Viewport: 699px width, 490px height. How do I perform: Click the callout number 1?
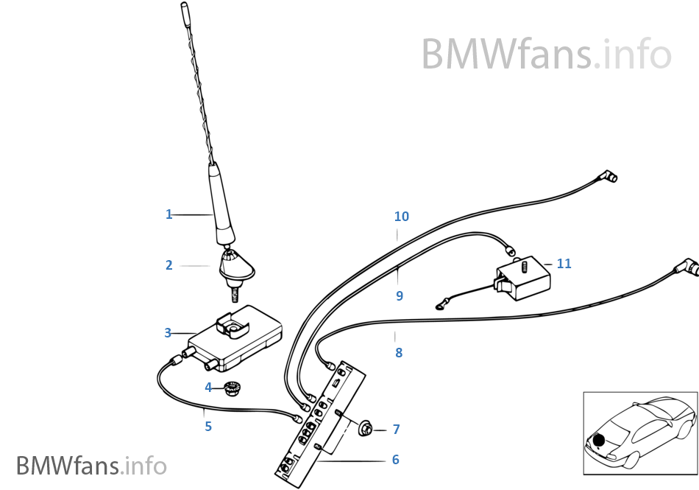pyautogui.click(x=168, y=214)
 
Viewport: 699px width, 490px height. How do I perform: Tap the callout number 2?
pyautogui.click(x=169, y=265)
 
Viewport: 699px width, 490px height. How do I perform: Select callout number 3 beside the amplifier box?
pyautogui.click(x=168, y=333)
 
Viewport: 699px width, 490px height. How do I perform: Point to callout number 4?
pyautogui.click(x=208, y=387)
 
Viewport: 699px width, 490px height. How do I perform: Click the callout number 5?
pyautogui.click(x=208, y=426)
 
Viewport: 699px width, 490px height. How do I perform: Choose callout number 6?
pyautogui.click(x=395, y=460)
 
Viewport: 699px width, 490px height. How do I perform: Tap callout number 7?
pyautogui.click(x=396, y=429)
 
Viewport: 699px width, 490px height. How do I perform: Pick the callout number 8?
pyautogui.click(x=399, y=353)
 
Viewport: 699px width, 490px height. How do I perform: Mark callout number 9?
pyautogui.click(x=400, y=295)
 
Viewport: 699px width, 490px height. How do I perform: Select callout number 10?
pyautogui.click(x=401, y=217)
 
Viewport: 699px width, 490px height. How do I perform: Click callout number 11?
pyautogui.click(x=564, y=263)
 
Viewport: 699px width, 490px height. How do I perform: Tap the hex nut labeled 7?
pyautogui.click(x=365, y=427)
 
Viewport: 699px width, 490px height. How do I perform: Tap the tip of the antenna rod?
pyautogui.click(x=183, y=7)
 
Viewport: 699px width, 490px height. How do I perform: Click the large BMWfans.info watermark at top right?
pyautogui.click(x=546, y=54)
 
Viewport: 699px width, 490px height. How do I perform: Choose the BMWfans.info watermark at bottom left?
pyautogui.click(x=92, y=466)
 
